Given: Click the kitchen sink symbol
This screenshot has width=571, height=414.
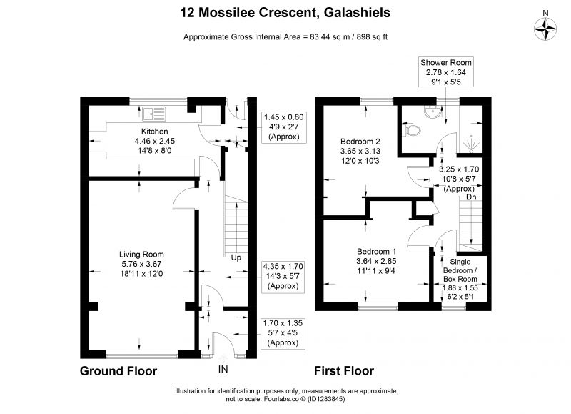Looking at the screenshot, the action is tap(154, 114).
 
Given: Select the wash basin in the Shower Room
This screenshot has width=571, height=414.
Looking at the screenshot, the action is tap(433, 111).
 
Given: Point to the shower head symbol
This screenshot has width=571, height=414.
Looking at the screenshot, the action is tap(471, 143).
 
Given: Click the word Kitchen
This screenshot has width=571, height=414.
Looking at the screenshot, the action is tap(155, 132).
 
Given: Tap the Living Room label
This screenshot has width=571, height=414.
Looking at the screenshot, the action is tap(141, 255).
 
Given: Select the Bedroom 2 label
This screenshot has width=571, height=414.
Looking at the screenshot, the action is tap(360, 141).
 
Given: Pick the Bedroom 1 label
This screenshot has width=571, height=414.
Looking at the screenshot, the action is tap(377, 251).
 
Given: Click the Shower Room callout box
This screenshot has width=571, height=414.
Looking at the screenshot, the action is tap(445, 72).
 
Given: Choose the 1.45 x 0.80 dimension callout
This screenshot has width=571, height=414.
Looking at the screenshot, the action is tap(283, 127).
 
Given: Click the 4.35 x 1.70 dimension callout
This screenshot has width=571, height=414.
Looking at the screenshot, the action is tap(283, 276).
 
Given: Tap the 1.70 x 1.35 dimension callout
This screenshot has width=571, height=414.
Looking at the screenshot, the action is tap(283, 333).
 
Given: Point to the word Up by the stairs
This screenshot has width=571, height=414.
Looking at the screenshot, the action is tap(236, 258).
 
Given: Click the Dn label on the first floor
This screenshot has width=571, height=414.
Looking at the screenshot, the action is tap(471, 197).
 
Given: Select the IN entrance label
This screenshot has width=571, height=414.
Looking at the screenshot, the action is tap(223, 369).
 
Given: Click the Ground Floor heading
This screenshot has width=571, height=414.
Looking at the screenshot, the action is tap(118, 371).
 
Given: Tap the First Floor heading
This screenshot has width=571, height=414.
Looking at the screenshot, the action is tap(344, 371).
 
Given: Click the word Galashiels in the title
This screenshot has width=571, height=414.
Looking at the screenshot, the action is tap(357, 13).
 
